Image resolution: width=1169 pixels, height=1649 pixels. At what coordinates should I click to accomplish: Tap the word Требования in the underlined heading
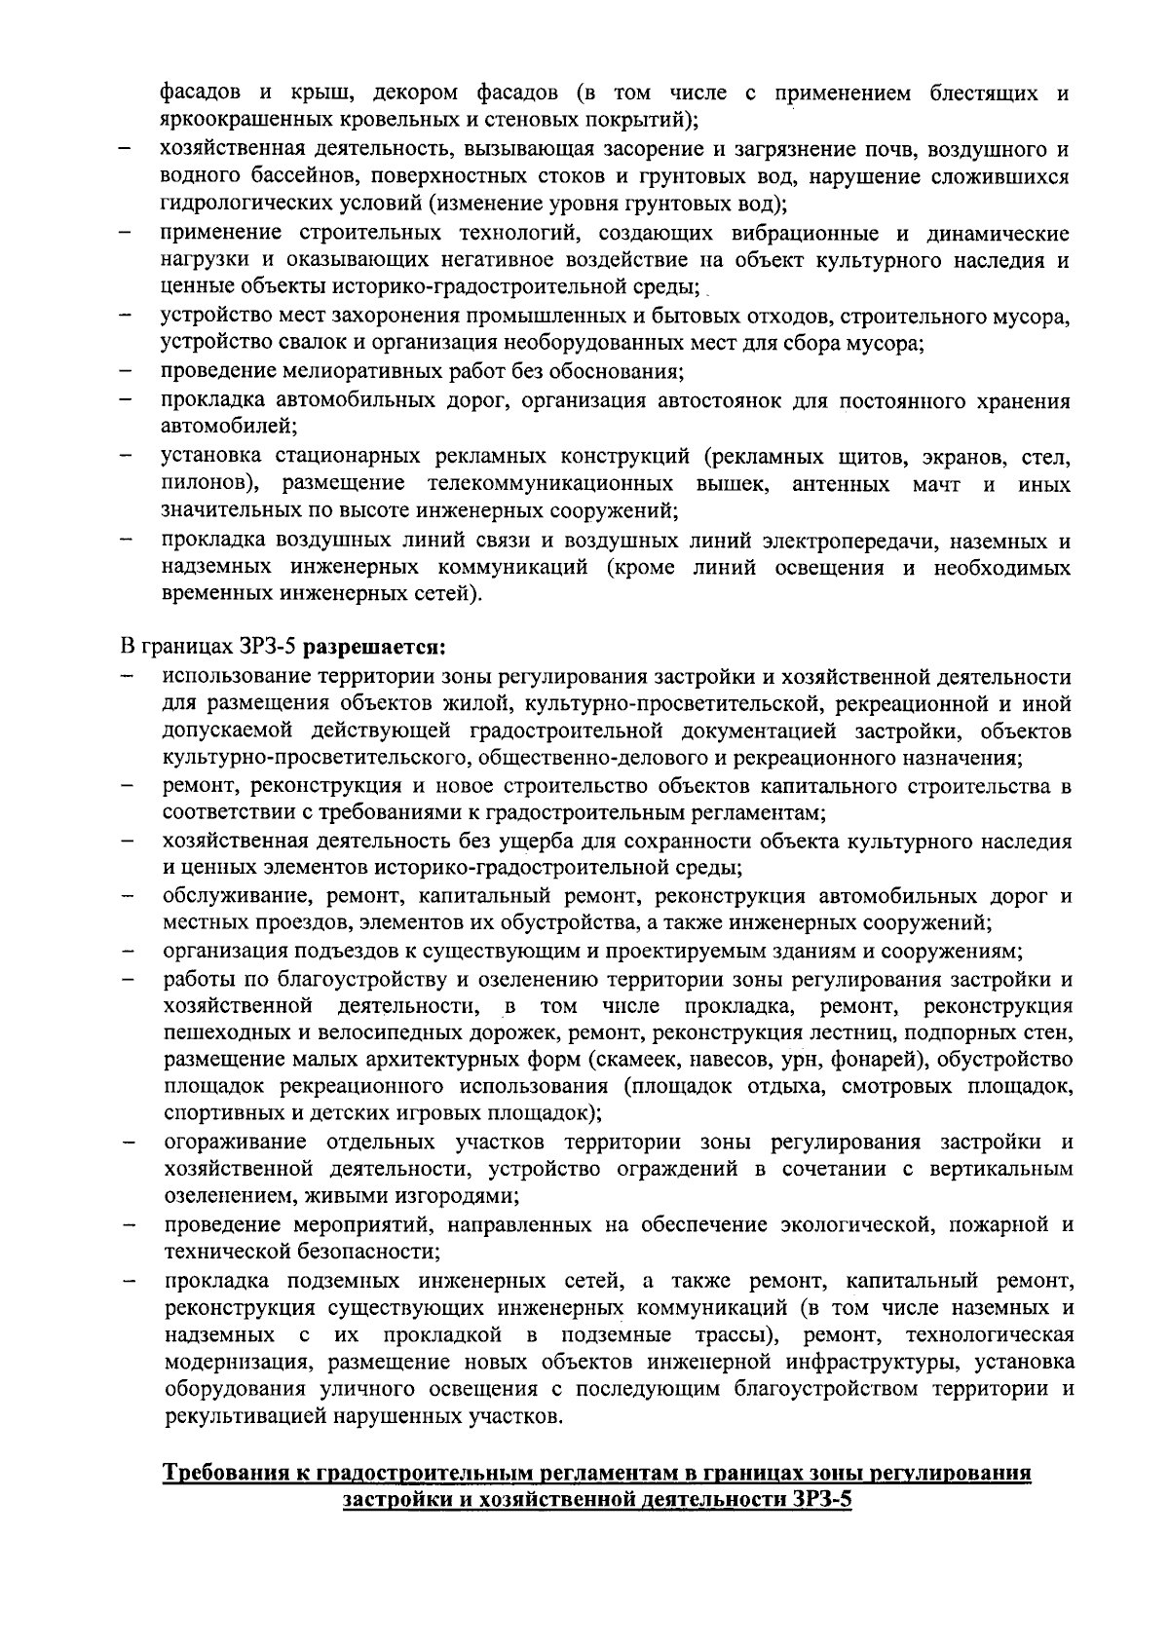(x=218, y=1474)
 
